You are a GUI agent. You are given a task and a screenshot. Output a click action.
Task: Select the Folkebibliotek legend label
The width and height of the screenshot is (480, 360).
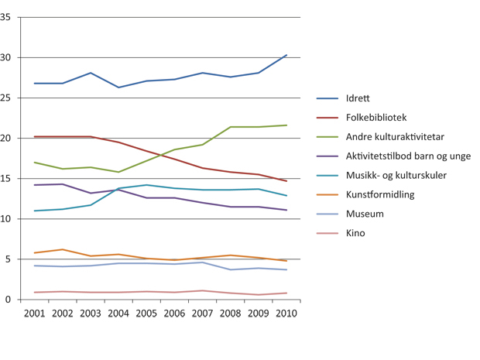(x=376, y=118)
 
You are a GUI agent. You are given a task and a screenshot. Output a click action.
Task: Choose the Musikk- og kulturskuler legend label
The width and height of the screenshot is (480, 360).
(x=396, y=176)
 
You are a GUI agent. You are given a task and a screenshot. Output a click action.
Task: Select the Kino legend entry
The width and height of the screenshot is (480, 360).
(x=355, y=233)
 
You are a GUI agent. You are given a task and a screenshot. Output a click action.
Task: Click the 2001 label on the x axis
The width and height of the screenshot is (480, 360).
(x=35, y=313)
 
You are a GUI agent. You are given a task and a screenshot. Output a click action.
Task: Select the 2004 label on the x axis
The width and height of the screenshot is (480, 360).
(x=118, y=313)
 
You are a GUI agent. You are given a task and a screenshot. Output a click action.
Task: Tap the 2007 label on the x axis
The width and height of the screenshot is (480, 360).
(x=202, y=313)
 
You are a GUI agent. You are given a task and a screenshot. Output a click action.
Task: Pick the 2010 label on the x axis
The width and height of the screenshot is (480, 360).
(x=286, y=313)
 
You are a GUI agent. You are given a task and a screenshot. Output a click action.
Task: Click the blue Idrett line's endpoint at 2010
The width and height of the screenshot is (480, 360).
(x=286, y=55)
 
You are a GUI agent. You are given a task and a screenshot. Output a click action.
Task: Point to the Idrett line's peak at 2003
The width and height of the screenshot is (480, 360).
(x=91, y=73)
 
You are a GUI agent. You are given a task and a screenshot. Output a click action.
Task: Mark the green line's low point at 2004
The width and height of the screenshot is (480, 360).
(x=118, y=172)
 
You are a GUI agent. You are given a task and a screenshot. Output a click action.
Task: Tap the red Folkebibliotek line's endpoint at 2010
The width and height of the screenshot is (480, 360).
(x=286, y=181)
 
